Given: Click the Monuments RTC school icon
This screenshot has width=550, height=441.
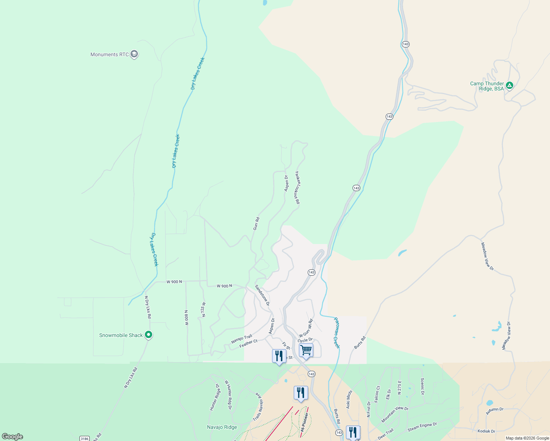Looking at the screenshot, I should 134,54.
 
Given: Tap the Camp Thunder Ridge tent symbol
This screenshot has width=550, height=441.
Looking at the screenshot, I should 509,86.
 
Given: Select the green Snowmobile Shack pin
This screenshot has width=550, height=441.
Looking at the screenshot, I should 149,335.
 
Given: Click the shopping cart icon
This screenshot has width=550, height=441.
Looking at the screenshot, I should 306,351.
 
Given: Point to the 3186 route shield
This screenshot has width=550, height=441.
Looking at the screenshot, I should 85,438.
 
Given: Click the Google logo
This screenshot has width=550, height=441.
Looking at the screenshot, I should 12,437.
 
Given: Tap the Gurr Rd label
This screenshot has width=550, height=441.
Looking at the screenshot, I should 256,224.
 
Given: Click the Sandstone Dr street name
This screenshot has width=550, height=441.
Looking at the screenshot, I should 262,295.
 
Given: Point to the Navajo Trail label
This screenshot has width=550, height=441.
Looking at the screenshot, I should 242,339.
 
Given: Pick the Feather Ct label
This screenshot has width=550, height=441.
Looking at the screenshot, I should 248,344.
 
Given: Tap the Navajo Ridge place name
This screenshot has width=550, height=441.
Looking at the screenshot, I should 222,427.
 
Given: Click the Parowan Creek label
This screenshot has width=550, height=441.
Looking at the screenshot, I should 336,333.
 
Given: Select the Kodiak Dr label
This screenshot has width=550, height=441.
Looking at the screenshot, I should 486,431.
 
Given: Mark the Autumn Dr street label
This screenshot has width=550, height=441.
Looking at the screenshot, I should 494,411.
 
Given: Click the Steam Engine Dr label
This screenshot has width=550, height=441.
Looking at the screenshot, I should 422,427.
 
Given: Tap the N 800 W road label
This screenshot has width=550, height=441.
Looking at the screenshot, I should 186,318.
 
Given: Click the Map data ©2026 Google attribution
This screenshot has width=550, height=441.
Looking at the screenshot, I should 527,438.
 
